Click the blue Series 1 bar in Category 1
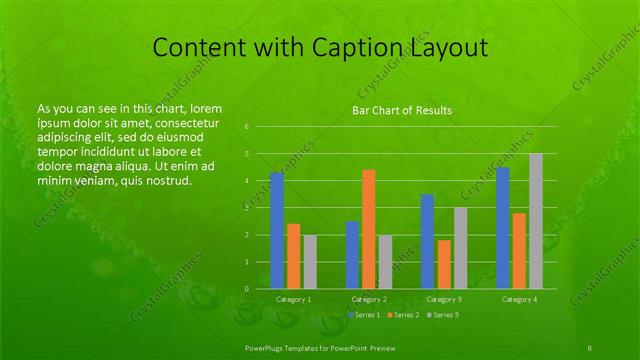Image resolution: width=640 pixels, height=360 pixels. (x=277, y=230)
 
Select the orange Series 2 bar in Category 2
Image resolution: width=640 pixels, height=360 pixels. (x=369, y=229)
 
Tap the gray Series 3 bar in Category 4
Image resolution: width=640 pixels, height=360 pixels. (x=536, y=221)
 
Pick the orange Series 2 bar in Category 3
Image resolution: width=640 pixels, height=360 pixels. (x=444, y=264)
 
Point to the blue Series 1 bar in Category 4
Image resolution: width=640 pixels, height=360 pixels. (x=503, y=228)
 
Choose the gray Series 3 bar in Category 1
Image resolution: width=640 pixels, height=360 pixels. (x=310, y=262)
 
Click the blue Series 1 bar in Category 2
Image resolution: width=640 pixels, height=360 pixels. (x=352, y=255)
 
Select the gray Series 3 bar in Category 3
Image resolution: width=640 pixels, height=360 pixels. (x=460, y=248)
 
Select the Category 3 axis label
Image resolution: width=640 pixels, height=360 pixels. (x=444, y=299)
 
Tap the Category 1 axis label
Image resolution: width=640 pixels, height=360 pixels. (x=293, y=299)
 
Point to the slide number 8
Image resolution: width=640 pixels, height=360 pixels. (x=590, y=346)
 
